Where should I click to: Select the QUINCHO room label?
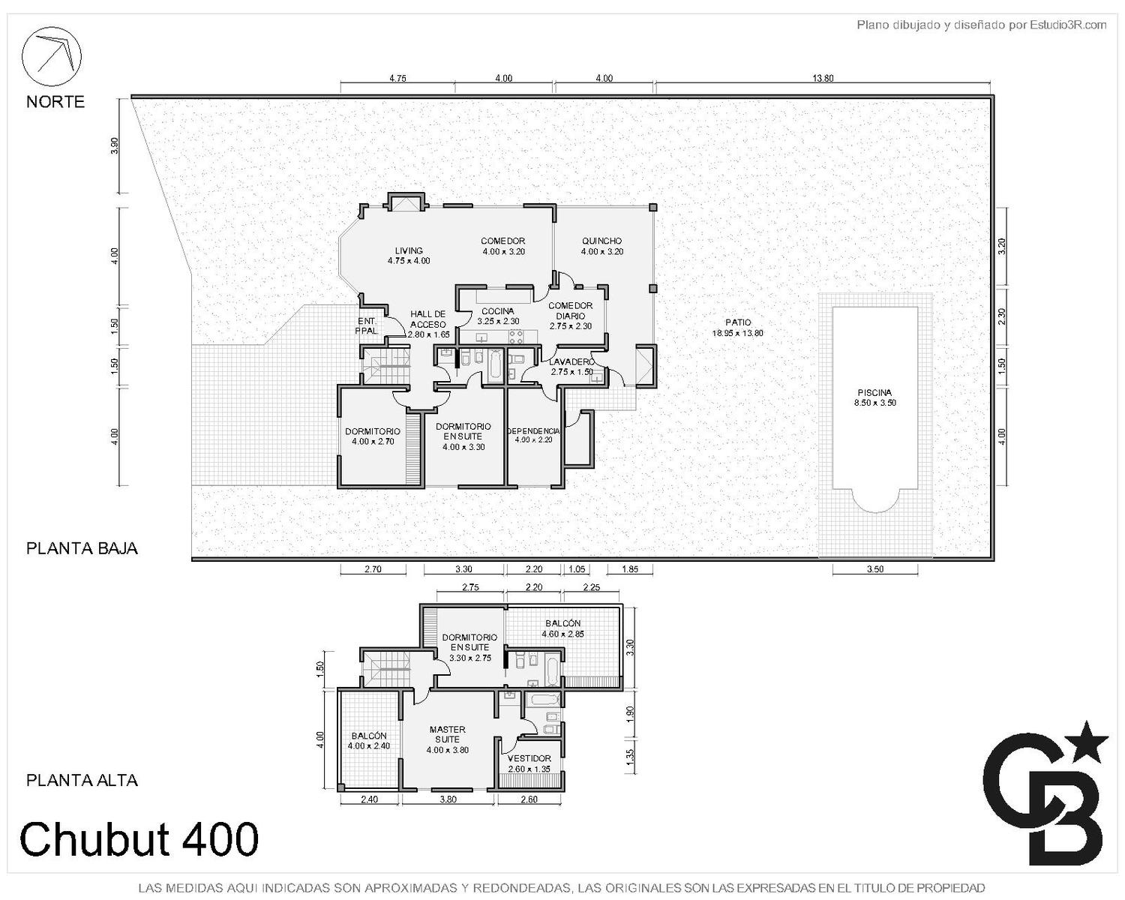click(x=601, y=241)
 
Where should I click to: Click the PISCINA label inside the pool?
click(x=874, y=392)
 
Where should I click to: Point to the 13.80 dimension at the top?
click(x=823, y=79)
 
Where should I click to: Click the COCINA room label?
click(x=498, y=311)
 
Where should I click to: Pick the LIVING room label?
click(x=409, y=250)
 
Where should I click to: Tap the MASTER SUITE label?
click(x=448, y=734)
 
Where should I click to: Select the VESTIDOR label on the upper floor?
click(x=529, y=758)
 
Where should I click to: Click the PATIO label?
click(x=738, y=322)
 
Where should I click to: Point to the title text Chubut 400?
click(x=139, y=838)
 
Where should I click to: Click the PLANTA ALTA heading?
click(x=82, y=780)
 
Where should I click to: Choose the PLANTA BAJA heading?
click(x=82, y=548)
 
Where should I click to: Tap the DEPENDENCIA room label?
click(x=533, y=431)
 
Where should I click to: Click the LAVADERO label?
click(x=572, y=362)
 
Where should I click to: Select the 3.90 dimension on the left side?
click(x=115, y=145)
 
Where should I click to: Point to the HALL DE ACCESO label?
click(x=428, y=319)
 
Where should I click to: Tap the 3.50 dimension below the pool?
click(x=875, y=569)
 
